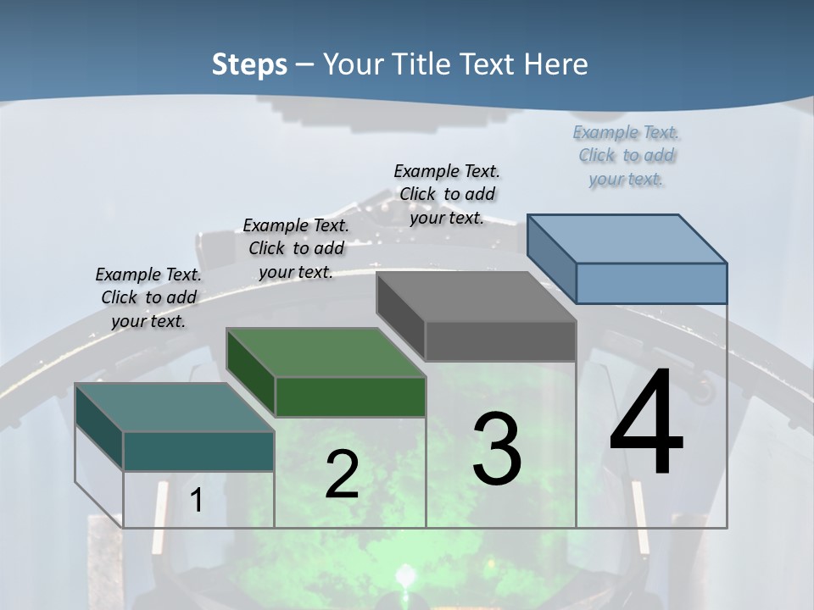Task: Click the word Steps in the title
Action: tap(249, 64)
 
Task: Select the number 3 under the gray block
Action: tap(496, 449)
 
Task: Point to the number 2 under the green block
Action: tap(342, 474)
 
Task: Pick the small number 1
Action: tap(196, 500)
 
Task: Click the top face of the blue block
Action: tap(627, 238)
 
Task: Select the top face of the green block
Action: tap(326, 352)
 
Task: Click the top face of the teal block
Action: tap(175, 408)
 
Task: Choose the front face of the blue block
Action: tap(651, 283)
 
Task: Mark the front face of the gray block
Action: tap(500, 341)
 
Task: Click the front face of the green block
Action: tap(350, 396)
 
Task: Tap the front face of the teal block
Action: tap(198, 451)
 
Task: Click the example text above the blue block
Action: tap(626, 155)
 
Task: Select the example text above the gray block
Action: tap(447, 194)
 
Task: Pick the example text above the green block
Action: tap(296, 248)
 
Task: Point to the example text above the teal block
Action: tap(148, 297)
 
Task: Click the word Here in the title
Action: tap(555, 64)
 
